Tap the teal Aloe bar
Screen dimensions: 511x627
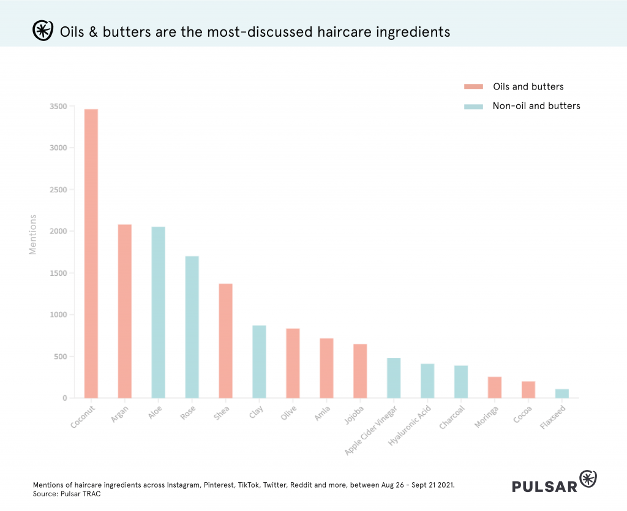tap(158, 312)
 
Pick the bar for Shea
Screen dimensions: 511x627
tap(225, 341)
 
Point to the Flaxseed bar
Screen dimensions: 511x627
tap(561, 393)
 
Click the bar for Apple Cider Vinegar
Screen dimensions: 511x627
tap(394, 378)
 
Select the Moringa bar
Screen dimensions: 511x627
tap(494, 387)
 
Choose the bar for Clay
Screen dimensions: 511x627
tap(259, 361)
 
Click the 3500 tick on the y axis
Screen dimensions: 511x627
tap(59, 106)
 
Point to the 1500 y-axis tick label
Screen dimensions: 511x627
tap(59, 273)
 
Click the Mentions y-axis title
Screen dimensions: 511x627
tap(33, 234)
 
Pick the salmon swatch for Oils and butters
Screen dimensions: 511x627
tap(473, 86)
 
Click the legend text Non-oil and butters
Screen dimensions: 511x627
tap(536, 106)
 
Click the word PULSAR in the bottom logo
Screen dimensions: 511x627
tap(545, 486)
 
